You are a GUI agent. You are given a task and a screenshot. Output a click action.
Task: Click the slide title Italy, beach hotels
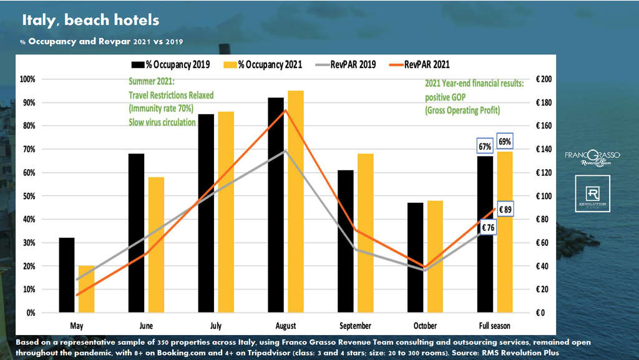(90, 21)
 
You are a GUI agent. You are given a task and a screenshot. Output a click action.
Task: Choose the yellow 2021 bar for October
(435, 256)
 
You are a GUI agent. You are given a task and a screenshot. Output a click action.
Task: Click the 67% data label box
(484, 147)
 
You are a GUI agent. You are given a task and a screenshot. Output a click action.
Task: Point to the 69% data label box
(504, 142)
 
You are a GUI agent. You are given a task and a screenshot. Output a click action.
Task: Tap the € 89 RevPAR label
(505, 210)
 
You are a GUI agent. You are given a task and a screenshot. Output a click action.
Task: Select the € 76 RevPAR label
(488, 228)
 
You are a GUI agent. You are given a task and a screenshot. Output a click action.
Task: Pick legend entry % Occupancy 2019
(170, 64)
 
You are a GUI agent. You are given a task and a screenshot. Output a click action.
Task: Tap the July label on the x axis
(216, 326)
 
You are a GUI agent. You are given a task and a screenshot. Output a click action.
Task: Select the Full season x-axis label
(494, 326)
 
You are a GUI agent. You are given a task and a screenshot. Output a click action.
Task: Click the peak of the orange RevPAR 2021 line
(285, 110)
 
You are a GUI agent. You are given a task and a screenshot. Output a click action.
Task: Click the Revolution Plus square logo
(592, 193)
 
